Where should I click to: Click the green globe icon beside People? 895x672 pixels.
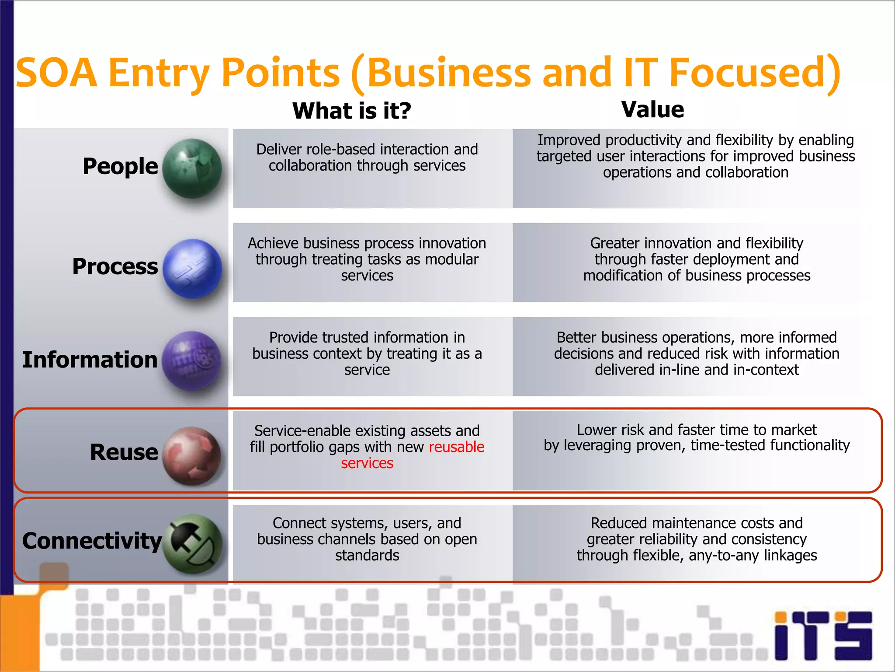click(x=192, y=168)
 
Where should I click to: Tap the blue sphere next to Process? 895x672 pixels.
click(x=192, y=268)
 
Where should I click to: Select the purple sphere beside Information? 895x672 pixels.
click(x=192, y=360)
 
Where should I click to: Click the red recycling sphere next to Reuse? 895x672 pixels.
click(x=192, y=455)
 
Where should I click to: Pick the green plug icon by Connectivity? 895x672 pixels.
click(x=192, y=544)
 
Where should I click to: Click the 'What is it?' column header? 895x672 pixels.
click(x=352, y=110)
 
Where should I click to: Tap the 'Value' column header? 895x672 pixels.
click(x=652, y=109)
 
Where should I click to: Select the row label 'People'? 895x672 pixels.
click(x=120, y=166)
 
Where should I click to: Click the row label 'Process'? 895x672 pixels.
click(x=115, y=266)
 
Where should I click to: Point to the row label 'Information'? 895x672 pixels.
click(x=90, y=360)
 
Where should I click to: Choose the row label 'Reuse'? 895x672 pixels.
click(x=124, y=452)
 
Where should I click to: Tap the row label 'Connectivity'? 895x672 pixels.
click(x=92, y=541)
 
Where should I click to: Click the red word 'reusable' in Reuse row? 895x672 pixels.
click(x=456, y=447)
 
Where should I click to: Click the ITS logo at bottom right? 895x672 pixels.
click(x=823, y=635)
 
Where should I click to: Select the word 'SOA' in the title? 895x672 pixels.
click(x=56, y=72)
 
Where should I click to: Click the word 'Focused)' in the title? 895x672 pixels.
click(x=754, y=72)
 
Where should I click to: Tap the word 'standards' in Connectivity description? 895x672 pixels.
click(x=367, y=555)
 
